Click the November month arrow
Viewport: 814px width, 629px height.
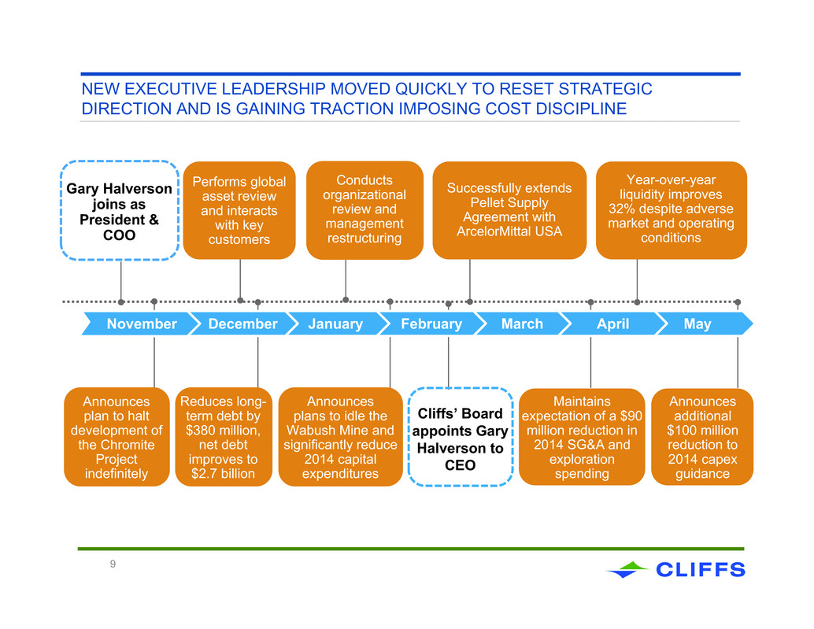point(141,324)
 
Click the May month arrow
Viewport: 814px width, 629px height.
point(704,324)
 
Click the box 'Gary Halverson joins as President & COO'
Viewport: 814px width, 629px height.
point(120,211)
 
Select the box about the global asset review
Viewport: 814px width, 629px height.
point(239,211)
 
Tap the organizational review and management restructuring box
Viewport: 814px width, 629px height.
point(364,210)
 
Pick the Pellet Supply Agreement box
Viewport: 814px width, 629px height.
point(509,210)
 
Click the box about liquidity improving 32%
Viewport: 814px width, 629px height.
point(672,210)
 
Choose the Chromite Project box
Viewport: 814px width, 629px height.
point(117,437)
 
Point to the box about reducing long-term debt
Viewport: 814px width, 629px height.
point(224,437)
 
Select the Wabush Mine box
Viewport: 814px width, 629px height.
point(341,437)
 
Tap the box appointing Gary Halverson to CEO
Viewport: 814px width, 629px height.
point(461,437)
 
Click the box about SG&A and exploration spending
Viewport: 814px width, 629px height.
point(582,437)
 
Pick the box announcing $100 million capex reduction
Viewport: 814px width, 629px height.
point(702,437)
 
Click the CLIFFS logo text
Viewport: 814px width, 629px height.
point(701,570)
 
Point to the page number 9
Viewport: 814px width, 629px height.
point(113,564)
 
